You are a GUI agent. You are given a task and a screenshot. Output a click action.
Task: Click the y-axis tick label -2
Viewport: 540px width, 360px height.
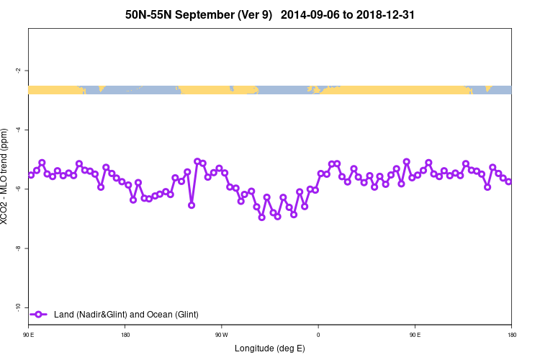point(17,71)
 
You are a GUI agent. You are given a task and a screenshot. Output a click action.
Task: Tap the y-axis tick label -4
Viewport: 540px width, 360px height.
point(17,130)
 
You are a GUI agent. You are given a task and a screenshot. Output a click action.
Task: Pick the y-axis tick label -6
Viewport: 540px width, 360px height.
point(17,189)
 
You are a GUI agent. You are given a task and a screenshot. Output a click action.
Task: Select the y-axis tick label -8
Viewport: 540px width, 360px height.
point(17,248)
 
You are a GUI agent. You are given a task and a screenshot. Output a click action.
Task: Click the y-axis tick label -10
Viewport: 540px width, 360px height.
point(17,307)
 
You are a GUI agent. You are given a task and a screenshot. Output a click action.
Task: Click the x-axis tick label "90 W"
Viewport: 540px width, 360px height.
point(221,335)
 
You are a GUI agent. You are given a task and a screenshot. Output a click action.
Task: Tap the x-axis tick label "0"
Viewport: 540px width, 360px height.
point(318,335)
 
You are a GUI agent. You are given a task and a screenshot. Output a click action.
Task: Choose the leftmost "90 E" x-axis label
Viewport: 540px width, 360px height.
point(28,335)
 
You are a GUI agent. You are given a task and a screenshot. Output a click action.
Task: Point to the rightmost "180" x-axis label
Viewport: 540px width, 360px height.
point(511,335)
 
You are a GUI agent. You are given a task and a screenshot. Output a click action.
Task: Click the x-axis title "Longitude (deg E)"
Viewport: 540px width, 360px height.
point(270,348)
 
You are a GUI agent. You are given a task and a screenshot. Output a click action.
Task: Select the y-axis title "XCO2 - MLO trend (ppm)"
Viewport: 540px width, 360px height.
point(6,176)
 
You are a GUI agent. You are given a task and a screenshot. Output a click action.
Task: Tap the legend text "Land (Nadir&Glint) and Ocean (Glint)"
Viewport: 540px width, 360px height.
point(126,315)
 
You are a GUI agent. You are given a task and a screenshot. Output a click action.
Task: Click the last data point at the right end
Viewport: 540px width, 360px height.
point(508,181)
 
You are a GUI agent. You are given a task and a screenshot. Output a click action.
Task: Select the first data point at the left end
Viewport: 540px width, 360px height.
point(31,175)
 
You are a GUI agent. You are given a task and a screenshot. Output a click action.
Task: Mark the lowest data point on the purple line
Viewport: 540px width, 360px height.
point(262,217)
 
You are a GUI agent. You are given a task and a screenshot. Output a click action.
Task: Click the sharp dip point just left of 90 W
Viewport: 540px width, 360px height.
point(192,205)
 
